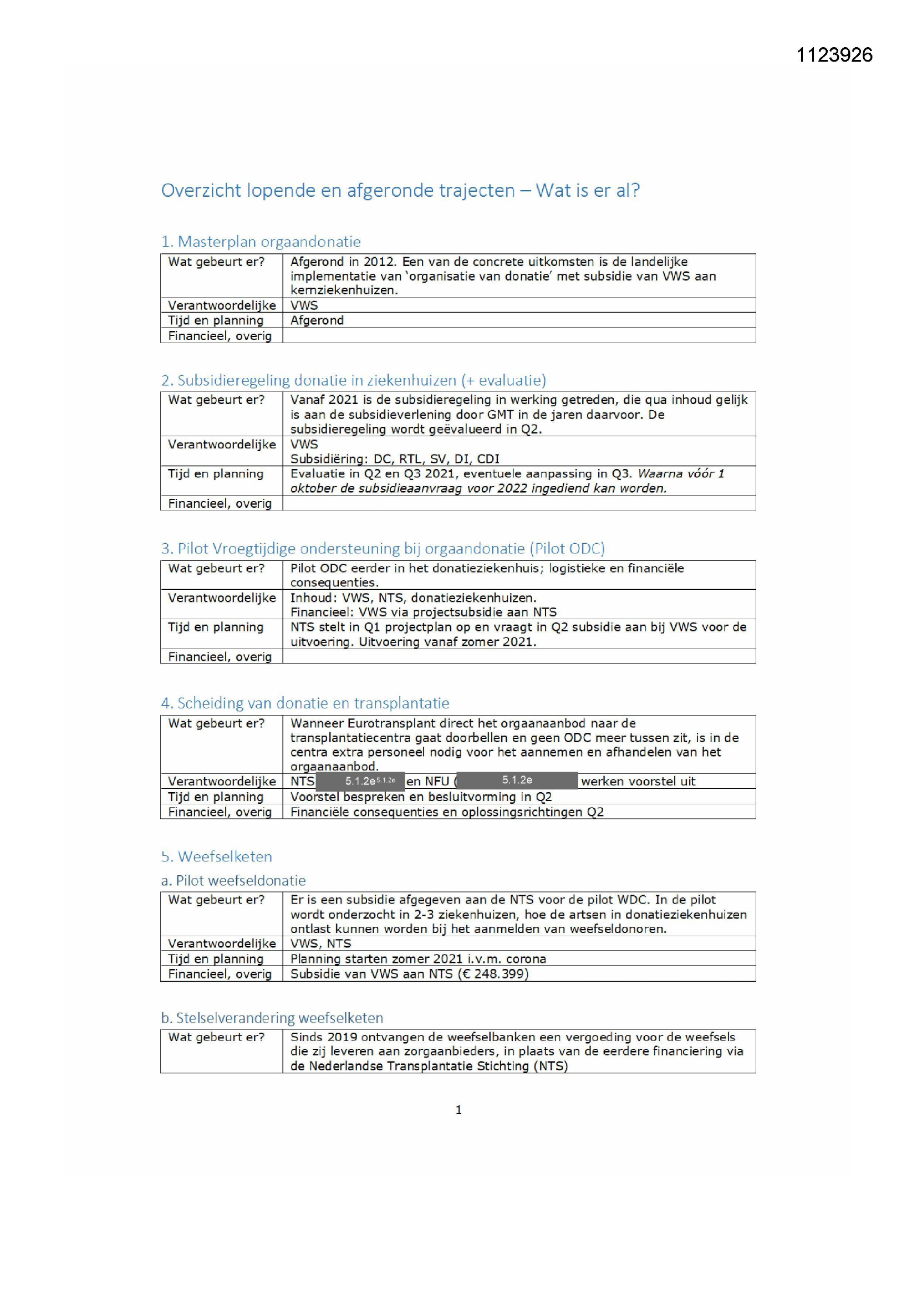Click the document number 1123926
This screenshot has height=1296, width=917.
tap(834, 55)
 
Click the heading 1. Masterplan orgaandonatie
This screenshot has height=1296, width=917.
tap(261, 242)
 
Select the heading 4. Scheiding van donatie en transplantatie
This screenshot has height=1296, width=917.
tap(305, 703)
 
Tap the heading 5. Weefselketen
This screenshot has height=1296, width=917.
tap(216, 856)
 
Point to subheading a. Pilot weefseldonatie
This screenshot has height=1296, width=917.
tap(233, 881)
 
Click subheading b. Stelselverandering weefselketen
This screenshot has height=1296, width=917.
tap(272, 1018)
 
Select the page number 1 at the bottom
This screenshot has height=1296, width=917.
tap(459, 1110)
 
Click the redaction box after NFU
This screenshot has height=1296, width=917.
tap(517, 780)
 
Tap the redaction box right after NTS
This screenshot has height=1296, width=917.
tap(360, 781)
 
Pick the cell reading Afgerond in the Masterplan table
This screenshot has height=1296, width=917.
tap(317, 320)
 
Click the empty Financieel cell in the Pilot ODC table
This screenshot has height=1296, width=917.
tap(518, 656)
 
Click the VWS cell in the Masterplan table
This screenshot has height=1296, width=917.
tap(304, 305)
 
